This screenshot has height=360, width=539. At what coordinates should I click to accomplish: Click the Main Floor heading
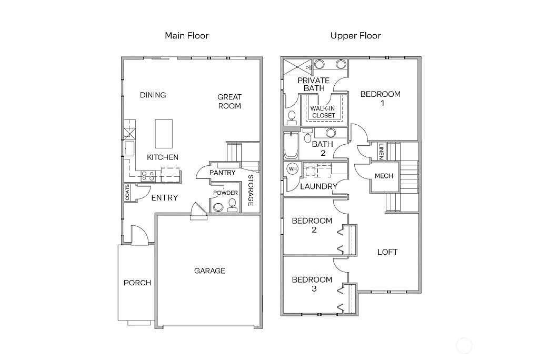tap(187, 36)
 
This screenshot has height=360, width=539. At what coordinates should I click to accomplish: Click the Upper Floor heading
tap(355, 36)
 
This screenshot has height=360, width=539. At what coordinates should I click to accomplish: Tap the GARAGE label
tap(209, 271)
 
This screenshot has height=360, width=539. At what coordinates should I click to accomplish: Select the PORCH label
tap(137, 283)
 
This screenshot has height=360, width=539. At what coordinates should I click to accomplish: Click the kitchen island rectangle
tap(164, 134)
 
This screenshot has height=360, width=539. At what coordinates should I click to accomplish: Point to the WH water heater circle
tap(293, 168)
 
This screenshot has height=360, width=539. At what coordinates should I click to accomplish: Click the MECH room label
tap(384, 176)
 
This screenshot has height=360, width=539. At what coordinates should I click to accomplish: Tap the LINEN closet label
tap(380, 152)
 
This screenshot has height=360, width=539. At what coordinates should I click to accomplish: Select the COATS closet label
tap(127, 193)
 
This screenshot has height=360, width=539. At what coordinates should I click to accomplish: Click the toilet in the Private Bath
tap(292, 117)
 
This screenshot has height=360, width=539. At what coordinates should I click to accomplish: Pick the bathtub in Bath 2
tap(291, 146)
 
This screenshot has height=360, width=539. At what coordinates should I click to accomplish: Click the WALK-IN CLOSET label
tap(323, 112)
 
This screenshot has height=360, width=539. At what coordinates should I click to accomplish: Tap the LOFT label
tap(387, 252)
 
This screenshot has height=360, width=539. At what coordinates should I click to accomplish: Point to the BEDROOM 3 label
tap(312, 284)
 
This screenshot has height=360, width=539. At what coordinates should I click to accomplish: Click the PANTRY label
tap(222, 173)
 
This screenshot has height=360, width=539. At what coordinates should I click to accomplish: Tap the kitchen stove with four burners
tap(148, 176)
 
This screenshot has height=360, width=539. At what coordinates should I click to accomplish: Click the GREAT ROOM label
tap(229, 101)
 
